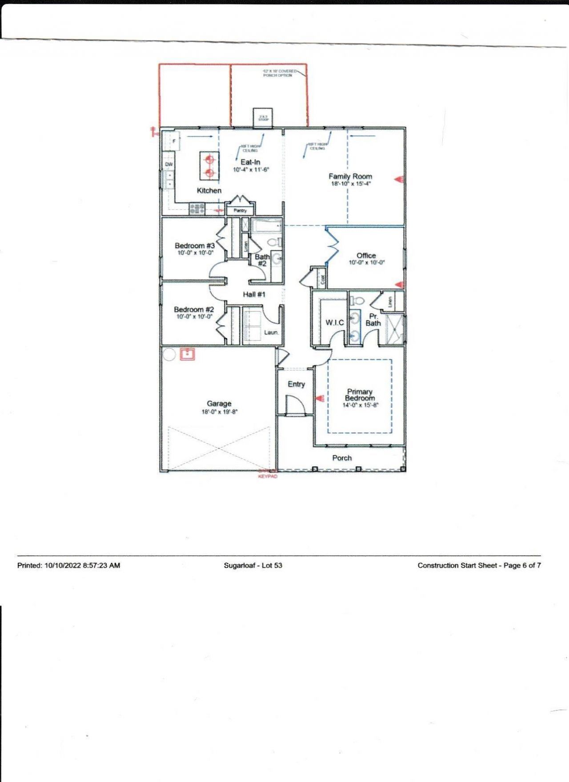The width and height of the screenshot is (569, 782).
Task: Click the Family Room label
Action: click(350, 176)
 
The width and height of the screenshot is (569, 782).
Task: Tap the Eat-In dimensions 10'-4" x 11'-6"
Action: click(251, 170)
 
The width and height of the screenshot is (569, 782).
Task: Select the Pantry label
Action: click(240, 210)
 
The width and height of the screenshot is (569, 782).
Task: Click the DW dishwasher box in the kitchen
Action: click(169, 164)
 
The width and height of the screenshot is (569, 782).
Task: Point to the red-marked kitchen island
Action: click(209, 165)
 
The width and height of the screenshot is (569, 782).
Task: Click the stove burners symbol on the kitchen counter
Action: click(197, 208)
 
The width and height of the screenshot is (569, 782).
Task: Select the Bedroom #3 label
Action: click(195, 245)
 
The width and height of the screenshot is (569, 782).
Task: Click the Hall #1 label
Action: click(254, 294)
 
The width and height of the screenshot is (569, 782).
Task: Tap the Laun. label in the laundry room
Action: click(271, 332)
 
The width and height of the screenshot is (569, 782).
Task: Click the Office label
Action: click(366, 255)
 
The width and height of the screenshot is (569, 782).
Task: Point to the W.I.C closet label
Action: click(334, 322)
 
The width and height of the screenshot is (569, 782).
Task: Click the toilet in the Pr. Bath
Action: click(357, 301)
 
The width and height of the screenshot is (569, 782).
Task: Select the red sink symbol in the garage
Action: click(188, 354)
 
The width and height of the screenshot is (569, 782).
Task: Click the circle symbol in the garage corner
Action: click(169, 354)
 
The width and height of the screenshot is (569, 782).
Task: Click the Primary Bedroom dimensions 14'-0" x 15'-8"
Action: click(360, 405)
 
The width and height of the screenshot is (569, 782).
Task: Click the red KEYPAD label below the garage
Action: click(268, 476)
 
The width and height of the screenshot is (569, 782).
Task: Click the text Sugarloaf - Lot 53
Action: click(253, 565)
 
